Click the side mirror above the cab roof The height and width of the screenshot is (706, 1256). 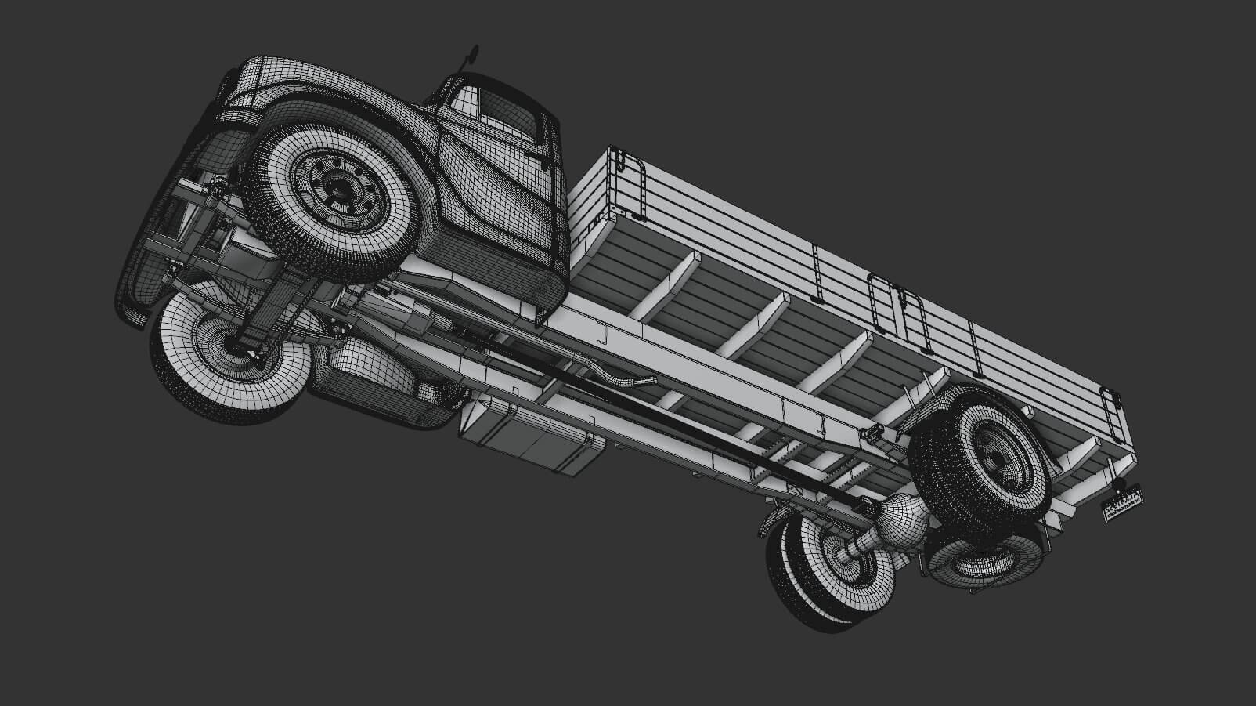tap(472, 53)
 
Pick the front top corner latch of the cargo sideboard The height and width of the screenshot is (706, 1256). tap(619, 161)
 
